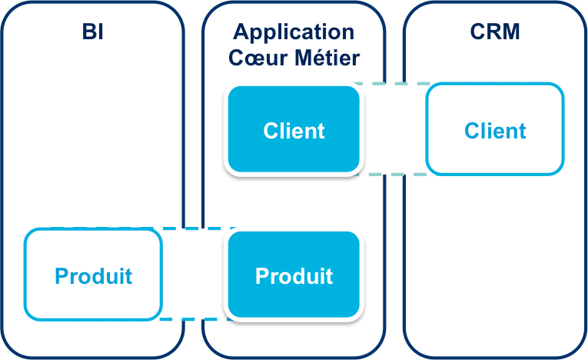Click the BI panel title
pyautogui.click(x=92, y=32)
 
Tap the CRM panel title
pyautogui.click(x=495, y=32)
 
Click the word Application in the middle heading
pyautogui.click(x=294, y=32)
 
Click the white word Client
pyautogui.click(x=294, y=131)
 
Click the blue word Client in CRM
pyautogui.click(x=495, y=131)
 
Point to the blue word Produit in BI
pyautogui.click(x=93, y=275)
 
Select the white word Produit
pyautogui.click(x=294, y=275)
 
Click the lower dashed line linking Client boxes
pyautogui.click(x=394, y=175)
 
